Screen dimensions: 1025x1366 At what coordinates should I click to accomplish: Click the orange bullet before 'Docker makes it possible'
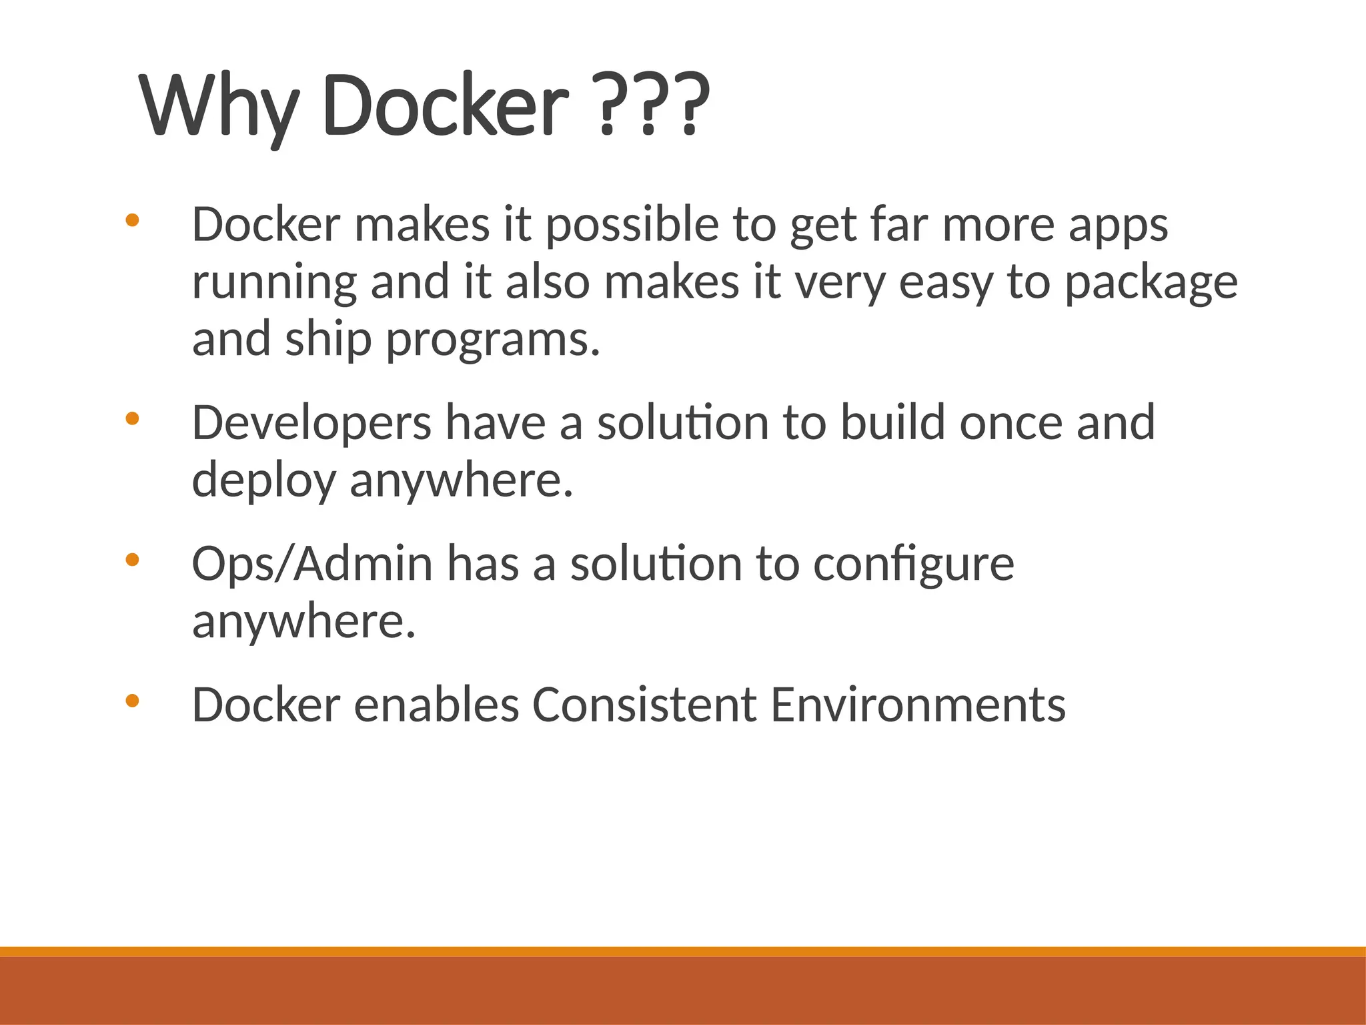pos(132,220)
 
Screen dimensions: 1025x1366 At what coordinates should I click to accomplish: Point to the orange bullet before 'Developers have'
pos(132,418)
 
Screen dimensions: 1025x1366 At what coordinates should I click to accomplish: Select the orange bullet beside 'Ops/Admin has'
pos(132,560)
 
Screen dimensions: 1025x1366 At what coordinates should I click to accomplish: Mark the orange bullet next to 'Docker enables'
pos(132,701)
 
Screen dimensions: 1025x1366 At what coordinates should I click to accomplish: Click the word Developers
pos(311,424)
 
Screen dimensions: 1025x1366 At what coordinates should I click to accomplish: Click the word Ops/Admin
pos(312,565)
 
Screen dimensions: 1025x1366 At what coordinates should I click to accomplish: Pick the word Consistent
pos(644,705)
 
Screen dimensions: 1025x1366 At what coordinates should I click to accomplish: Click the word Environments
pos(918,705)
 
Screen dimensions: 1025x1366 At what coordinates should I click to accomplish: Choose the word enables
pos(436,705)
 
